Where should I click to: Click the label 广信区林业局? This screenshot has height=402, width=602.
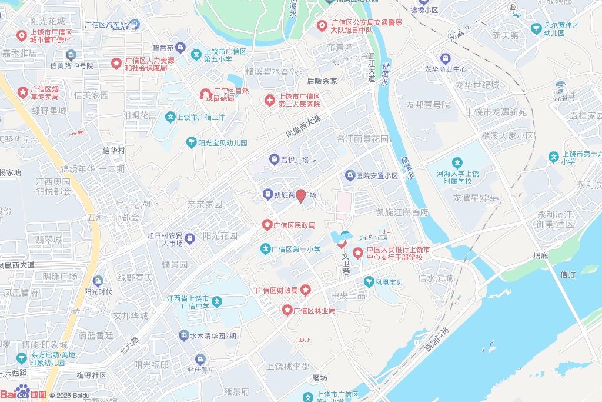(x=314, y=310)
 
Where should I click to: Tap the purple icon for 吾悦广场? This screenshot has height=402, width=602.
(x=274, y=159)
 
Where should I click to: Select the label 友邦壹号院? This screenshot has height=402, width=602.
(x=428, y=105)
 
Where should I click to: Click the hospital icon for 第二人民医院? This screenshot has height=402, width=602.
(x=269, y=100)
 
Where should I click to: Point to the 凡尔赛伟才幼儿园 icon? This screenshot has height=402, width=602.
(x=536, y=28)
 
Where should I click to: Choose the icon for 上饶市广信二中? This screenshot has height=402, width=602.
(x=170, y=117)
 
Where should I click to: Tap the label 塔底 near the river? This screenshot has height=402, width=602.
(x=540, y=255)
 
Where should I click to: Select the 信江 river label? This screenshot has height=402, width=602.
(x=568, y=274)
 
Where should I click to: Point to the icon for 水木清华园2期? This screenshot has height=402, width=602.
(x=183, y=335)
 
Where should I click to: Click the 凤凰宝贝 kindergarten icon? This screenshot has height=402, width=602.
(x=369, y=282)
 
